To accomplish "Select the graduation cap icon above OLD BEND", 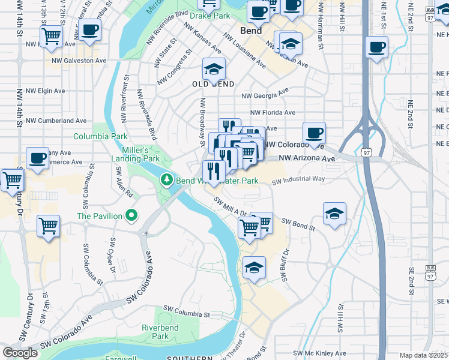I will pos(213,70).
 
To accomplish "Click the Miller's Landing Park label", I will pos(136,154).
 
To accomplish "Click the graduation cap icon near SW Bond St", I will pos(334,213).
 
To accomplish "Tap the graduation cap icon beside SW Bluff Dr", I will pos(255,268).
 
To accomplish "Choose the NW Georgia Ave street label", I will pos(265,94).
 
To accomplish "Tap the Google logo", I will pos(20,353).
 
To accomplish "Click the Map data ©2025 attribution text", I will pos(424,355).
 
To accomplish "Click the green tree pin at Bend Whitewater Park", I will pos(167,180).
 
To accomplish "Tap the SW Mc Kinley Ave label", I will pos(319,353).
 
